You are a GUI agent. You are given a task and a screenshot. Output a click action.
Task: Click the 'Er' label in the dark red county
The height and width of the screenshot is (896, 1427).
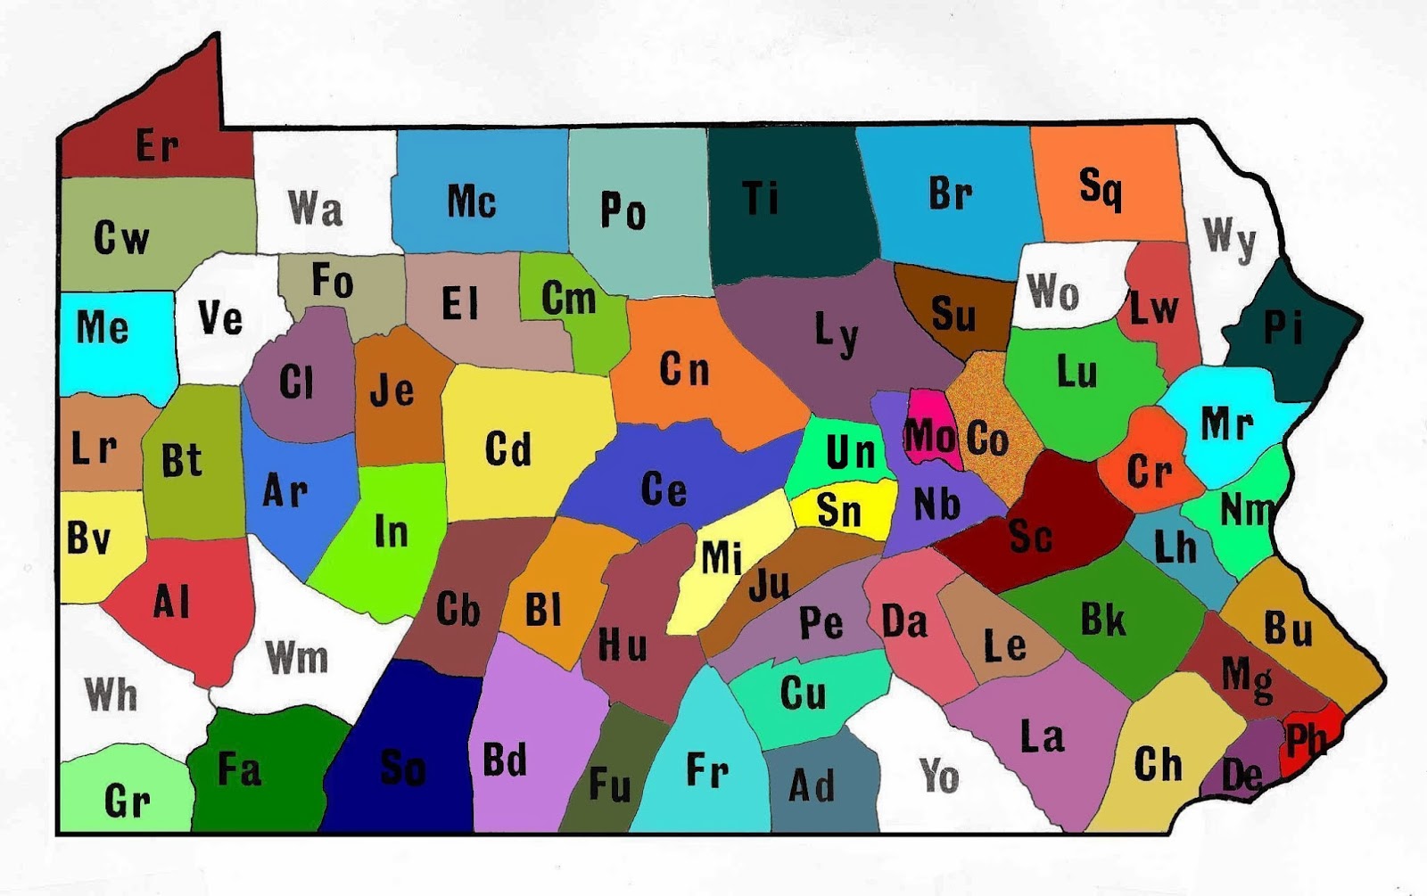tap(157, 145)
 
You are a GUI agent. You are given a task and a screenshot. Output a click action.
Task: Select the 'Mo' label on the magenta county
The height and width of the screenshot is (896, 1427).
tap(929, 437)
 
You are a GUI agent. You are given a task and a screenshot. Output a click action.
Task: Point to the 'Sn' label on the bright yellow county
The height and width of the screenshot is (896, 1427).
tap(838, 510)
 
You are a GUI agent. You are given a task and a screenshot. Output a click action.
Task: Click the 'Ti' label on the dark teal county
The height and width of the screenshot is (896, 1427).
tap(761, 199)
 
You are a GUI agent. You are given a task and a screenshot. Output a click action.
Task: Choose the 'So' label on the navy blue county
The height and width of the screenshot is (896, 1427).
tap(402, 767)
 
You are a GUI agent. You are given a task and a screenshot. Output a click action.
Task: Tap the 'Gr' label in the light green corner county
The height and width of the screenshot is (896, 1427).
tap(127, 801)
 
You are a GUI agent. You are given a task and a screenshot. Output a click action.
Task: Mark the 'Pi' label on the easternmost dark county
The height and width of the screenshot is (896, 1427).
tap(1283, 328)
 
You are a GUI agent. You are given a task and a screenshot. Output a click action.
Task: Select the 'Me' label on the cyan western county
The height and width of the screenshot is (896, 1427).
tap(102, 327)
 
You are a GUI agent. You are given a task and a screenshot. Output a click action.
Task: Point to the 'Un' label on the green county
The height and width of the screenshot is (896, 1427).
tap(850, 452)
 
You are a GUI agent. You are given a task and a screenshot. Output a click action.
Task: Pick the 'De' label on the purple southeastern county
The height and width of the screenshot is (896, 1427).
tap(1241, 775)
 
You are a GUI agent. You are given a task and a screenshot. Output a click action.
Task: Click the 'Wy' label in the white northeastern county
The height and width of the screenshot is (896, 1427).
tap(1229, 238)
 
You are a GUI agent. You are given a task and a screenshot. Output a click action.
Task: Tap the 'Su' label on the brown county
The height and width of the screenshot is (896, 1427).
tap(953, 314)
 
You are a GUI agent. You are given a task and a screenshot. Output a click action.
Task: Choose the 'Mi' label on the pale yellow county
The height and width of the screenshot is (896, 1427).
tap(722, 558)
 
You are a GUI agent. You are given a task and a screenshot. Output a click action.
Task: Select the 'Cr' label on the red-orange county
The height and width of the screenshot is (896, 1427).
tap(1149, 471)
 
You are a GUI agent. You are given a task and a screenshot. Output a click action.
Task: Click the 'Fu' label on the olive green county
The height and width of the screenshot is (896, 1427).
tap(610, 785)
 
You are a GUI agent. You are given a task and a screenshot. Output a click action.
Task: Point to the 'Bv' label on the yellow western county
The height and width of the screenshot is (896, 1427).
tap(88, 538)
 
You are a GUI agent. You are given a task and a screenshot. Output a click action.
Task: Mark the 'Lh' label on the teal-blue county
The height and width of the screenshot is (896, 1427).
tap(1175, 547)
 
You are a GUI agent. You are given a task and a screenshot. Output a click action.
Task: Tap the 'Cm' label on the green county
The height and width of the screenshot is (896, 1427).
tap(568, 298)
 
